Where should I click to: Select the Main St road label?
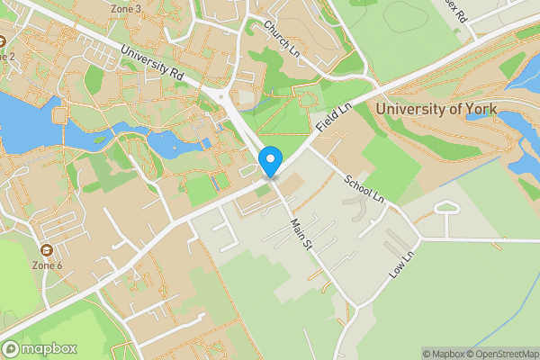coord(301,232)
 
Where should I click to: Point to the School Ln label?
coord(364,187)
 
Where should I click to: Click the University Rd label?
coord(150,65)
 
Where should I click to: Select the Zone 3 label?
coord(125,9)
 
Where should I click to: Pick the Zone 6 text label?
coord(47,265)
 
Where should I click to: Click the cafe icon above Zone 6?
coord(47,249)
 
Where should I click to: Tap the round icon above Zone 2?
coord(3,40)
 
